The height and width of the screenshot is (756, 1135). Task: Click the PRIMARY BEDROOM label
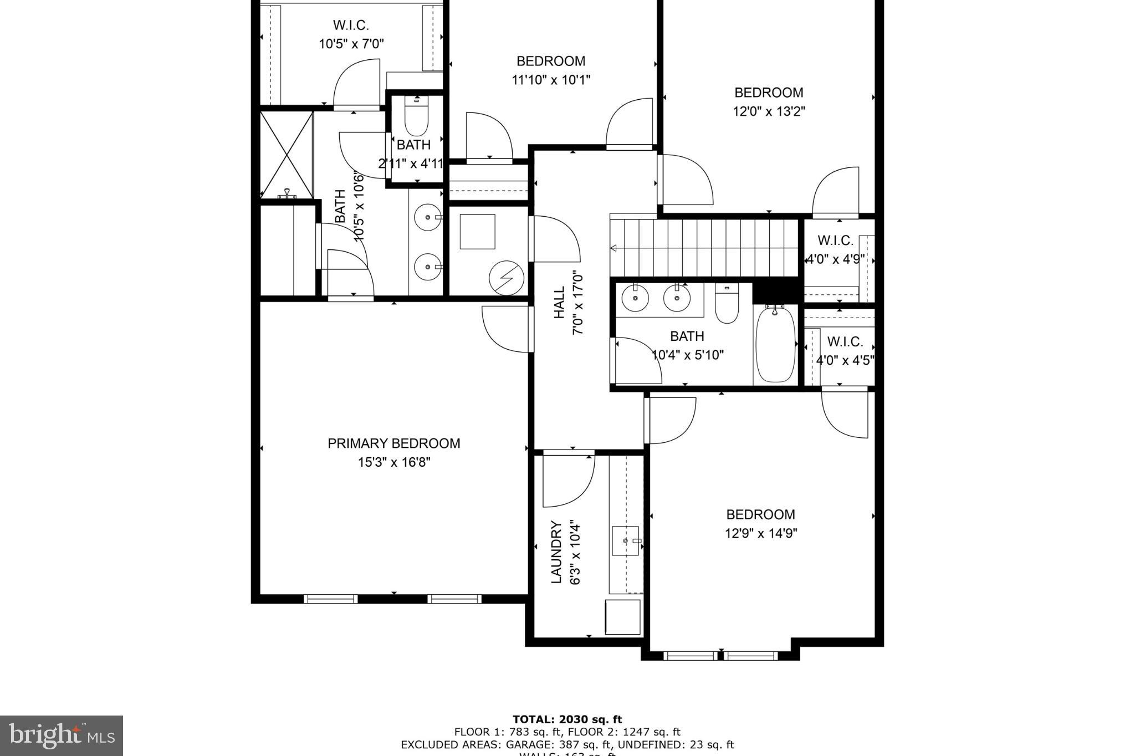click(x=393, y=443)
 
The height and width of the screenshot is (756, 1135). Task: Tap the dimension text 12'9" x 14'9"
click(x=760, y=533)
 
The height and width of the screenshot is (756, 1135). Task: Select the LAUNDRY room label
click(x=556, y=552)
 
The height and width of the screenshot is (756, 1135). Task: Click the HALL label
click(x=559, y=302)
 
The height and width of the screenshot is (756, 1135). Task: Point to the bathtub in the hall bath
click(x=775, y=344)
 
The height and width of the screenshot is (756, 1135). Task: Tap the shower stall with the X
click(x=287, y=154)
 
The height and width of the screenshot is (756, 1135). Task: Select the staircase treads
click(x=704, y=247)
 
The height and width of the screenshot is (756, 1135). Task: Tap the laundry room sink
click(x=626, y=540)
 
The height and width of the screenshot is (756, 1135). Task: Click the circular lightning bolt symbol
click(x=507, y=279)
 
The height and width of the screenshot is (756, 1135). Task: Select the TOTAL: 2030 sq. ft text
click(x=567, y=720)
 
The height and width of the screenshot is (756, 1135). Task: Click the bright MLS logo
click(x=61, y=735)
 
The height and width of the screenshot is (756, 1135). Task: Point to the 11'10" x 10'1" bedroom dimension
click(x=550, y=80)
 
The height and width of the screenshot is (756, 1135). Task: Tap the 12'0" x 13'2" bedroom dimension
click(x=769, y=111)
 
